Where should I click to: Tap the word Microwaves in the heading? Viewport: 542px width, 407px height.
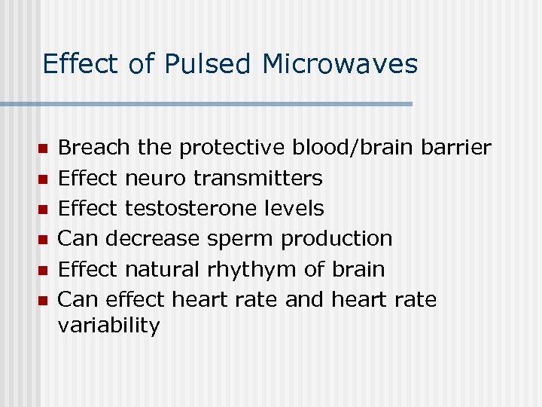click(x=340, y=65)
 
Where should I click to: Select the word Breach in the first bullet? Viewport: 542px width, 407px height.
click(x=93, y=148)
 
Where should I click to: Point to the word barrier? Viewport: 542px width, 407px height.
click(x=456, y=148)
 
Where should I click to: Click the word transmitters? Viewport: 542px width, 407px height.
click(x=258, y=179)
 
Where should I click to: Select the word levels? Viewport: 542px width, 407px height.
click(x=296, y=209)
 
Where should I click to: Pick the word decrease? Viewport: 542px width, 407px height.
click(x=153, y=239)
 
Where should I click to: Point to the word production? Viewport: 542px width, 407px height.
click(x=336, y=239)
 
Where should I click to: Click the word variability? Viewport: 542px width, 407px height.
click(x=108, y=326)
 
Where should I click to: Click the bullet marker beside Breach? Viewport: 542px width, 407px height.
click(x=42, y=148)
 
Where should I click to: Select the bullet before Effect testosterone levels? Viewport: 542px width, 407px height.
click(x=42, y=209)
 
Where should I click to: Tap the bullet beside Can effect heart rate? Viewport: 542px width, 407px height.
click(x=42, y=300)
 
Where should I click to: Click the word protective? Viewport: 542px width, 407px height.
click(x=232, y=148)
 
